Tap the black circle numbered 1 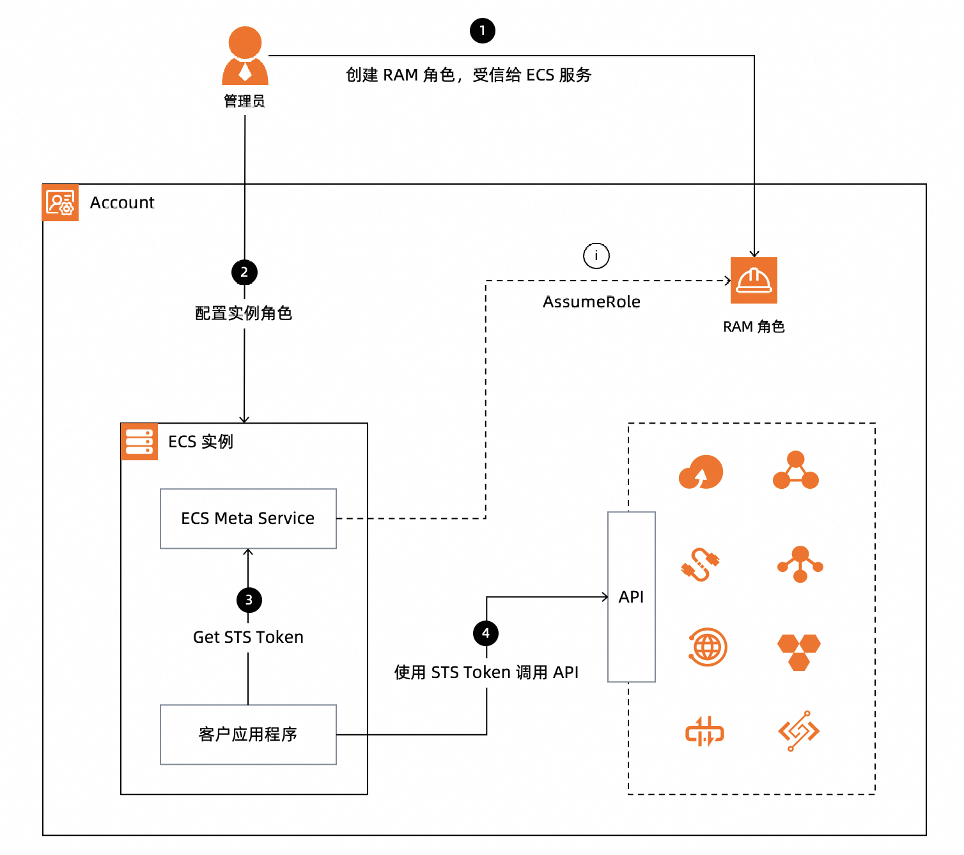pyautogui.click(x=483, y=31)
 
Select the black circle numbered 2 pyautogui.click(x=244, y=272)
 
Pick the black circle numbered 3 pyautogui.click(x=249, y=600)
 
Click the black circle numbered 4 pyautogui.click(x=486, y=633)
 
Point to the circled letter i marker pyautogui.click(x=596, y=256)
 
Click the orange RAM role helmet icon pyautogui.click(x=754, y=280)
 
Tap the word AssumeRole pyautogui.click(x=591, y=302)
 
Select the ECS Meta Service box pyautogui.click(x=248, y=518)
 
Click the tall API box pyautogui.click(x=632, y=597)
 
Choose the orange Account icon pyautogui.click(x=61, y=203)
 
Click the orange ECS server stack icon pyautogui.click(x=139, y=441)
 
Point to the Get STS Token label pyautogui.click(x=248, y=637)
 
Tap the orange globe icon pyautogui.click(x=707, y=647)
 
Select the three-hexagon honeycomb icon pyautogui.click(x=799, y=651)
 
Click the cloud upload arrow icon pyautogui.click(x=701, y=472)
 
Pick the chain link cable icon pyautogui.click(x=701, y=564)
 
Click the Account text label pyautogui.click(x=122, y=203)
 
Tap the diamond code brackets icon pyautogui.click(x=799, y=730)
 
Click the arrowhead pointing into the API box pyautogui.click(x=605, y=597)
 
